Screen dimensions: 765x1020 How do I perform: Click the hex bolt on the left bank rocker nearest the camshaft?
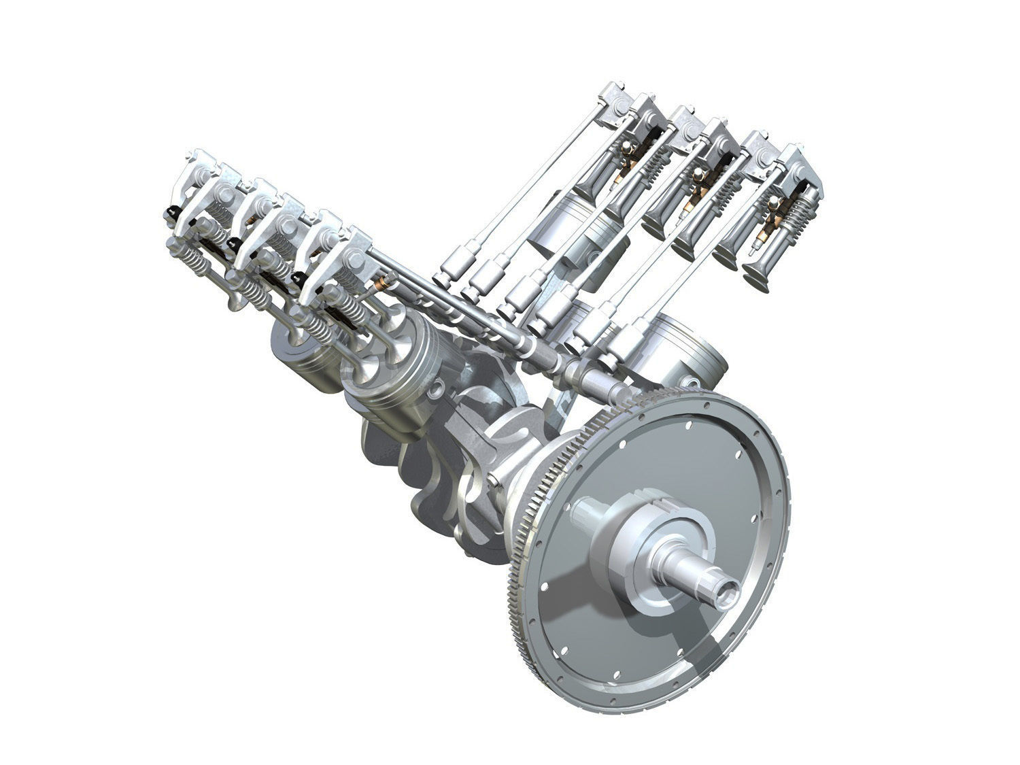click(355, 258)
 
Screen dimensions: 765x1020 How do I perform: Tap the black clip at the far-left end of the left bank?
click(167, 216)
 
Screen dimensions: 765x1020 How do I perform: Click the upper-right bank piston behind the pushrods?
click(558, 231)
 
